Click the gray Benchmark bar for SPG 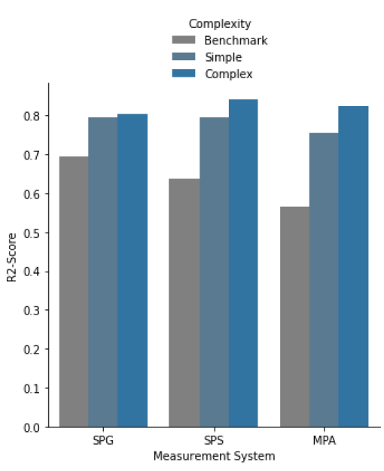74,292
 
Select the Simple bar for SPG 103,272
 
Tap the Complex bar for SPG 133,270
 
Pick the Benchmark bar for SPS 184,302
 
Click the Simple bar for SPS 214,272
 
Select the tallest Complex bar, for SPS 243,263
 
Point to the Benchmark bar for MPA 294,317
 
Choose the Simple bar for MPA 324,280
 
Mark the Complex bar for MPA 353,266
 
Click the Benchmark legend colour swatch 184,40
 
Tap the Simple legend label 224,57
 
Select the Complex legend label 229,74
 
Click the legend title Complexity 220,24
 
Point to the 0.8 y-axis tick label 32,116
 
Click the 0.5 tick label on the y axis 32,233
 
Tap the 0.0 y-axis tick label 32,428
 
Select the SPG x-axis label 103,441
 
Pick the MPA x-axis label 325,441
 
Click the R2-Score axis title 11,257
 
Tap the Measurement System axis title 214,456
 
